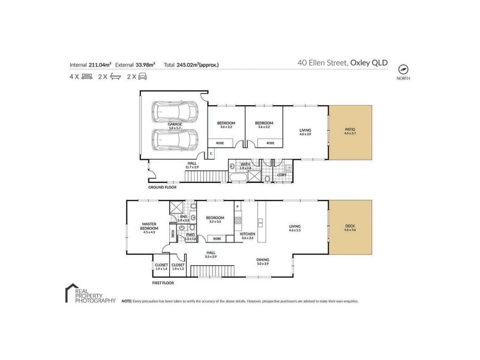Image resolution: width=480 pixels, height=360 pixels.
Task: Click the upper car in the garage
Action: tap(175, 112)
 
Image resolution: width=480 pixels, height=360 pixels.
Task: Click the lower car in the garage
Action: tap(175, 140)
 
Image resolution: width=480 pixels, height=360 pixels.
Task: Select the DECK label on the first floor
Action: tap(350, 226)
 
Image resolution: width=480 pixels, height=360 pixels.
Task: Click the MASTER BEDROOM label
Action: tap(149, 226)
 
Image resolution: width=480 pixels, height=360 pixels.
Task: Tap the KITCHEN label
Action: tap(248, 233)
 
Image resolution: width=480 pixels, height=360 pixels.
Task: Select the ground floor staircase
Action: tap(205, 175)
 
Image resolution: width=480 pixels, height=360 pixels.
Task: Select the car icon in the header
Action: tap(143, 77)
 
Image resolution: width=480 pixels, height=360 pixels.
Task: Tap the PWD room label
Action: tap(190, 235)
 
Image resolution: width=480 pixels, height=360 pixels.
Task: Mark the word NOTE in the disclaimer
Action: tap(127, 301)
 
